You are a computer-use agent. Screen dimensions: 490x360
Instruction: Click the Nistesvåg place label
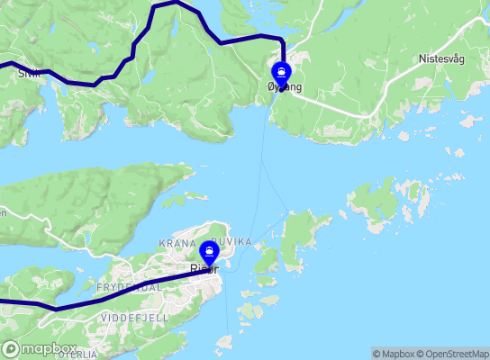441,58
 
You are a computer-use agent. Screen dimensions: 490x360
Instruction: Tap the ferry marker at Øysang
282,71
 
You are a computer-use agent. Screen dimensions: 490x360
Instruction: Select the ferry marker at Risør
210,251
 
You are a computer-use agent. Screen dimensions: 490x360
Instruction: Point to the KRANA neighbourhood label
177,244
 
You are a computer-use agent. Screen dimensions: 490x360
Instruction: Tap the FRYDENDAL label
129,286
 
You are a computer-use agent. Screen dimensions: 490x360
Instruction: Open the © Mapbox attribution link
393,354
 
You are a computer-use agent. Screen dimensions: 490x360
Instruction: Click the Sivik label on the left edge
27,75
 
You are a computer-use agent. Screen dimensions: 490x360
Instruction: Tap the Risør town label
204,268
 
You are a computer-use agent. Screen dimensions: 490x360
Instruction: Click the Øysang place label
285,86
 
